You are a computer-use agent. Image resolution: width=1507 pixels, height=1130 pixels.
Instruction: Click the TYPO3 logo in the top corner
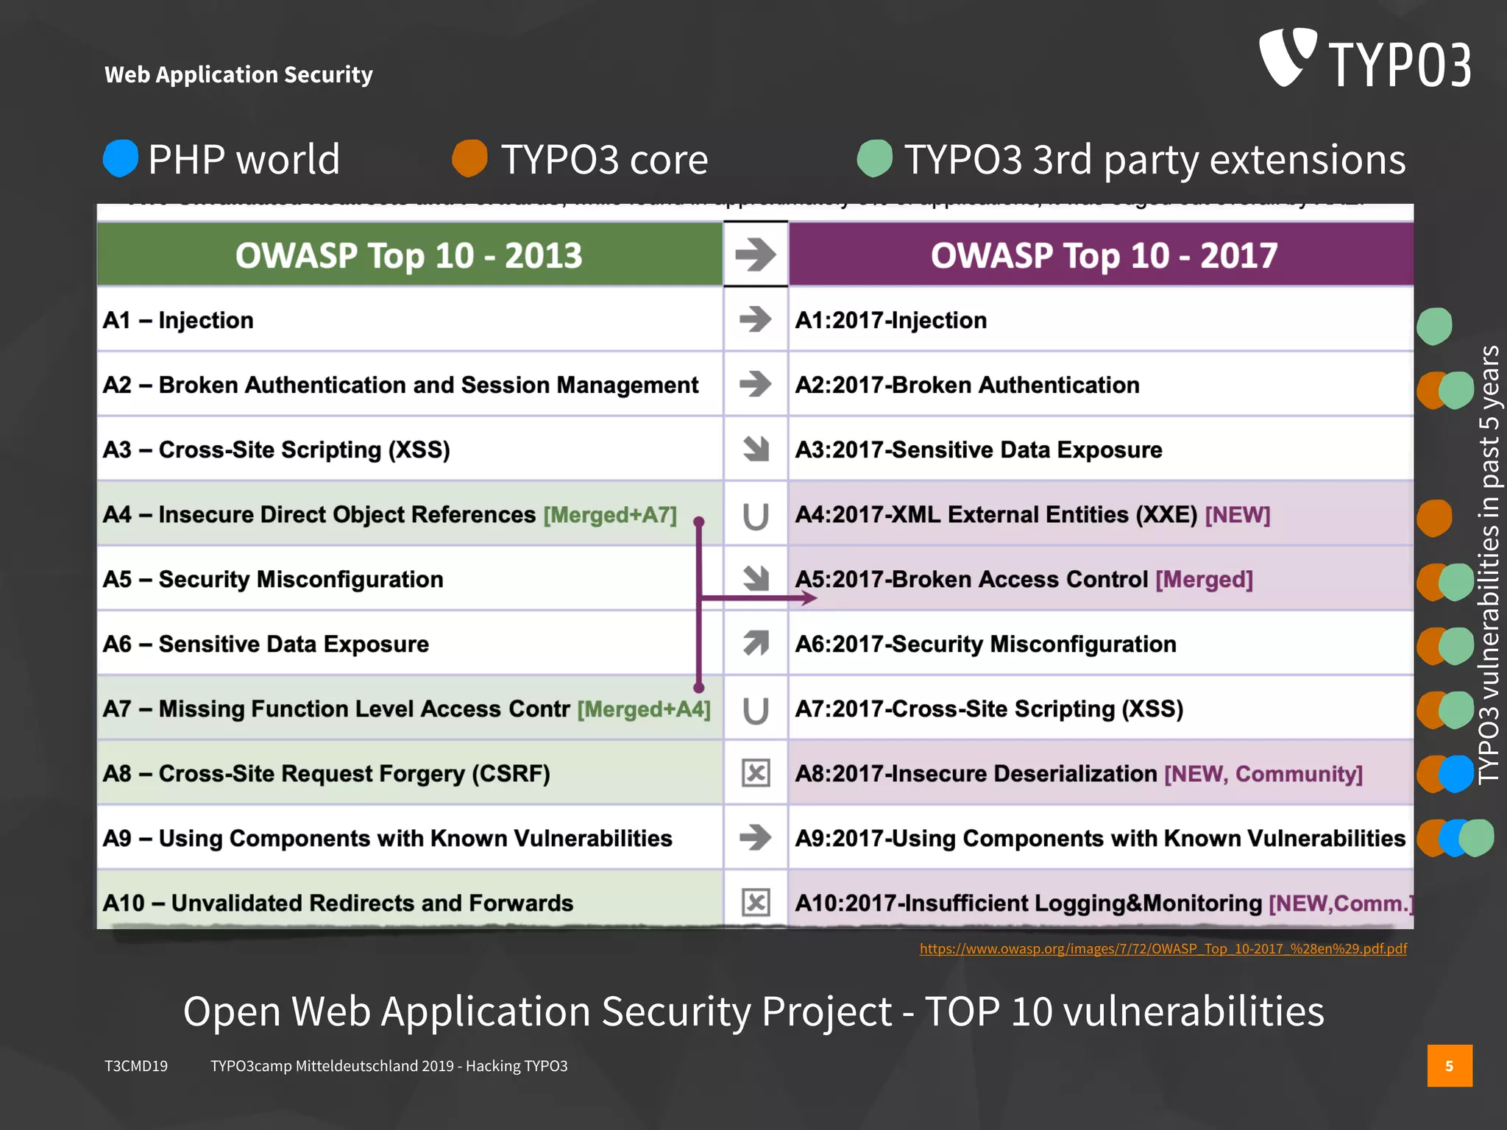(1365, 59)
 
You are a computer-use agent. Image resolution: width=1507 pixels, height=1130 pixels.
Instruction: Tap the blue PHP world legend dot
(121, 158)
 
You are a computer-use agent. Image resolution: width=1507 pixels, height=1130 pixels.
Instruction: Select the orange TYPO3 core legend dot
(469, 158)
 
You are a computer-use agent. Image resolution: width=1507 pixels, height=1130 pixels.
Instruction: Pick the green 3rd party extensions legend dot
(875, 158)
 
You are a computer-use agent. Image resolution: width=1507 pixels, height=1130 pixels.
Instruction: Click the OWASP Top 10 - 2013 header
(409, 255)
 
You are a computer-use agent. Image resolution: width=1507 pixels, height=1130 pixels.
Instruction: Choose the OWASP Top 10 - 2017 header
(1103, 255)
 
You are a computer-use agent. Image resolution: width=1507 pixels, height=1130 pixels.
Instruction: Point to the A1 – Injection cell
(179, 320)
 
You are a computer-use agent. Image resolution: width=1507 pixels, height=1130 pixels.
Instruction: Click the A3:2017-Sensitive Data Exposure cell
(979, 449)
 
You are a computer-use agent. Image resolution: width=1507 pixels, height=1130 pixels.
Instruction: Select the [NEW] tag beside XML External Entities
(1238, 515)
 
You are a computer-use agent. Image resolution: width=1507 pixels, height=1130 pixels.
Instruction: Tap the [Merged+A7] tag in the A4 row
(610, 515)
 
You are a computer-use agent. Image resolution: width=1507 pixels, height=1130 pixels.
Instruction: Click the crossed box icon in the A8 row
(756, 773)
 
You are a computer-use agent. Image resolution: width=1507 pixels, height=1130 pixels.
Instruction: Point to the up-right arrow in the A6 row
(756, 643)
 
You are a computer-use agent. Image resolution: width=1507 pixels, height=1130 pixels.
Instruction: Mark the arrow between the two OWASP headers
(756, 255)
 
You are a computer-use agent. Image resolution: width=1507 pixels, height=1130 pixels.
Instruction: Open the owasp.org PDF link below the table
(1163, 949)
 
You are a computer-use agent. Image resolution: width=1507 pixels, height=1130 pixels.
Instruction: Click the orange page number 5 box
(1450, 1066)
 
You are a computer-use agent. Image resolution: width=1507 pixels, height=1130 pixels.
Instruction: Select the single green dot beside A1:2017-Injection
(1434, 326)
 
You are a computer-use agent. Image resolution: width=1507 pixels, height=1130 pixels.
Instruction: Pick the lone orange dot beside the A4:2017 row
(1434, 518)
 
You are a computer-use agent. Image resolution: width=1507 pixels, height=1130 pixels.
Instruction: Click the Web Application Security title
(238, 74)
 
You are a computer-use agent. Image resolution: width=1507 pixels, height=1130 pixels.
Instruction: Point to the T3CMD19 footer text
(136, 1066)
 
